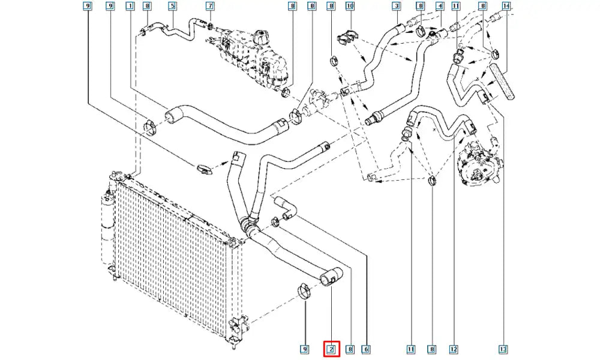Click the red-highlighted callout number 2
pos(331,349)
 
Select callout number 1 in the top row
pos(130,7)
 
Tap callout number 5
pos(172,7)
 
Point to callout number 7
pos(210,7)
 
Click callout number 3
pos(396,7)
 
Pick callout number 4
pos(439,7)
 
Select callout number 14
pos(506,7)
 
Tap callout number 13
pos(503,349)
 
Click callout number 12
pos(454,349)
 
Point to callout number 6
pos(365,349)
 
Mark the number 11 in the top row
pos(456,7)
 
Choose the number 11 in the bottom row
pos(411,349)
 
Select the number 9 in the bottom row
pos(304,349)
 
